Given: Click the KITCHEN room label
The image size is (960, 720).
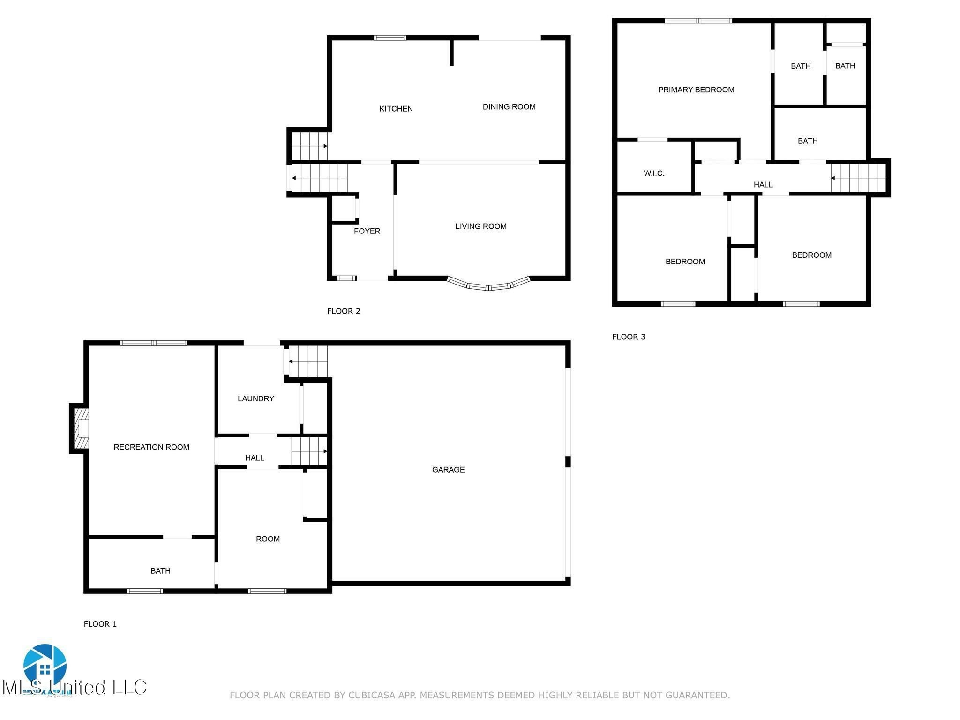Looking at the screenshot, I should [396, 109].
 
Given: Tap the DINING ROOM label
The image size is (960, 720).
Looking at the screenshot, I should [509, 107].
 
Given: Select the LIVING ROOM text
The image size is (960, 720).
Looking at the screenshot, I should [480, 226].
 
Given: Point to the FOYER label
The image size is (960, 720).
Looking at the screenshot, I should [367, 231].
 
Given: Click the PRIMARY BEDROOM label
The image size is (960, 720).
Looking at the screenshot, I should [696, 90].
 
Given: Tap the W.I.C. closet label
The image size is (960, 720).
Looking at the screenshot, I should [653, 173].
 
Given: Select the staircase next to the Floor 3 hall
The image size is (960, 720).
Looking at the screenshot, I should [858, 178].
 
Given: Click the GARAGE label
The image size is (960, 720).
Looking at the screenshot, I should [448, 470].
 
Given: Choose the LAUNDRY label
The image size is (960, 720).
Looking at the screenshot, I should [255, 399].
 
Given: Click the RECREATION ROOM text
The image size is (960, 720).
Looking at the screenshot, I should [151, 447].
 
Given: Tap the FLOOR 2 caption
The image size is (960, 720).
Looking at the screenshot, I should [343, 311].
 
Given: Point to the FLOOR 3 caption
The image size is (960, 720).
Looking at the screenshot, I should [628, 337].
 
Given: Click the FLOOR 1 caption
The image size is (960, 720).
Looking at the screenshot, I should [100, 624].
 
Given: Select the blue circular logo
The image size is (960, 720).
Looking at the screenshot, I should [45, 665].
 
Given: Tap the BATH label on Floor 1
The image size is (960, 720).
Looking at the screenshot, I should [160, 571].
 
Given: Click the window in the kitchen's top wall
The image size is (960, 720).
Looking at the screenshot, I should [390, 38].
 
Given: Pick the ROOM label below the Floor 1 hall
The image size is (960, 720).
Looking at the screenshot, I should [268, 539].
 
